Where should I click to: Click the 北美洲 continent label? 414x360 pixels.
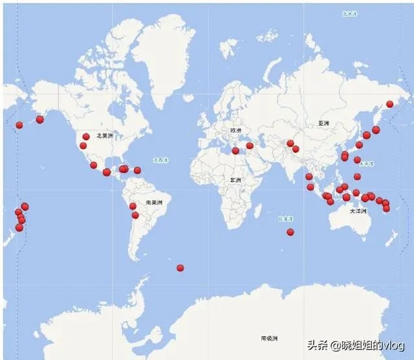[104, 136]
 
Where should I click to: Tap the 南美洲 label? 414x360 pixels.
[154, 203]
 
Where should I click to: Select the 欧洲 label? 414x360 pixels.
[235, 130]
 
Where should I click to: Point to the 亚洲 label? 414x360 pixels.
[323, 123]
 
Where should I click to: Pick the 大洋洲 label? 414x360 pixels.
[358, 212]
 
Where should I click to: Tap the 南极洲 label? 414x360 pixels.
[269, 338]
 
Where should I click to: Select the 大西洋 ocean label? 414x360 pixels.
[160, 159]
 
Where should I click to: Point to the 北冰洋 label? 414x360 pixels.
[349, 13]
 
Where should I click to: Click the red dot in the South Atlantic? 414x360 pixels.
[180, 267]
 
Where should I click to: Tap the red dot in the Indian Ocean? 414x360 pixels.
[290, 232]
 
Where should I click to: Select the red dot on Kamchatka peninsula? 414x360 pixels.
[389, 104]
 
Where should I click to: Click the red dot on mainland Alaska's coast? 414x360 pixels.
[40, 119]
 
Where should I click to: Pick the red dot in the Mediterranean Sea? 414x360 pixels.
[235, 151]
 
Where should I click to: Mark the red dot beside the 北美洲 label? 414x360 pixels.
[86, 137]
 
